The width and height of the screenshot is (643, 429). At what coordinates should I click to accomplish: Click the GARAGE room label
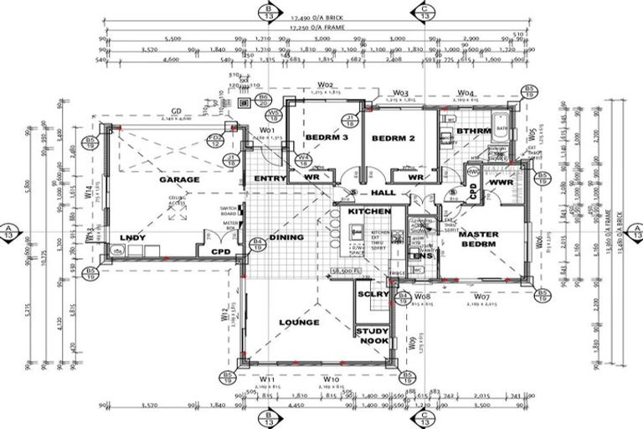click(180, 179)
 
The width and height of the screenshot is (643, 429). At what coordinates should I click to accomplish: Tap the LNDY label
click(133, 238)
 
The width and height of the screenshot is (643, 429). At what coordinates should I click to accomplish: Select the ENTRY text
click(269, 178)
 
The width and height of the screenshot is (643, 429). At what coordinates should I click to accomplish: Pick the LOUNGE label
click(299, 322)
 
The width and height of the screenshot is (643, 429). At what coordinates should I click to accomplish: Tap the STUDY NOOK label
click(373, 336)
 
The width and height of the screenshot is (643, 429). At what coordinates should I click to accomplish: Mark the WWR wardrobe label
click(501, 181)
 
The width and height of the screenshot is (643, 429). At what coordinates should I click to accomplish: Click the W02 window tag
click(326, 85)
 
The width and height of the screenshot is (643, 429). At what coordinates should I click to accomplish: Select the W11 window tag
click(268, 379)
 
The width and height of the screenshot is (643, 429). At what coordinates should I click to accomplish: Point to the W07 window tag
click(481, 297)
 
